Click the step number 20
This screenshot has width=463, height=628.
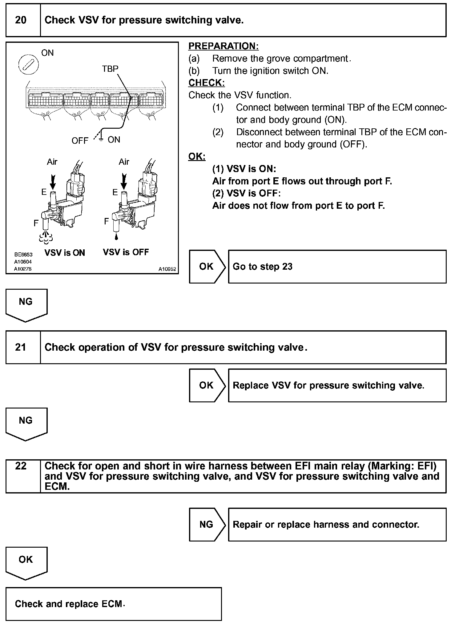21,20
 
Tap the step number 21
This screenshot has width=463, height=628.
21,347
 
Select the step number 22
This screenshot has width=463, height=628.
21,466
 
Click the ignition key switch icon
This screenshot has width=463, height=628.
28,65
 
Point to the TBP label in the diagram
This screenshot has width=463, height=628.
110,69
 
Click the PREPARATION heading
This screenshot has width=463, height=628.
223,46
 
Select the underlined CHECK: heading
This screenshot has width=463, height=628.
207,83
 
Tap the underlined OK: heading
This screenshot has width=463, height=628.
197,156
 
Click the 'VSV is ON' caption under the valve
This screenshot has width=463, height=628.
65,253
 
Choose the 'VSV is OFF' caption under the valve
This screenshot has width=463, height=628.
126,252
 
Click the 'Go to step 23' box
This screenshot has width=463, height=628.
337,267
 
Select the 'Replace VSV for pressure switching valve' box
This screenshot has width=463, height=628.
337,385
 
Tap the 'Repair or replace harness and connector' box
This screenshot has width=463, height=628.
337,525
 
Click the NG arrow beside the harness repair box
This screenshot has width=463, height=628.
207,525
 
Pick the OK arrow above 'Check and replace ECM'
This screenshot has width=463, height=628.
26,562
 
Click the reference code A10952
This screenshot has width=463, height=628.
167,269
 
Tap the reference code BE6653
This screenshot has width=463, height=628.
23,255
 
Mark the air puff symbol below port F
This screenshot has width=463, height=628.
46,237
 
